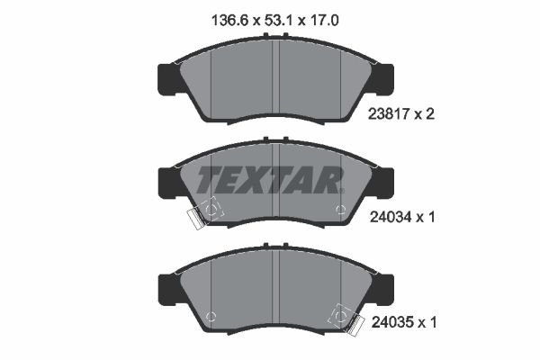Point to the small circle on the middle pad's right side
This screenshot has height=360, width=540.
pos(340,211)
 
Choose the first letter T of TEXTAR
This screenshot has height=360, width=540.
pos(208,179)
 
